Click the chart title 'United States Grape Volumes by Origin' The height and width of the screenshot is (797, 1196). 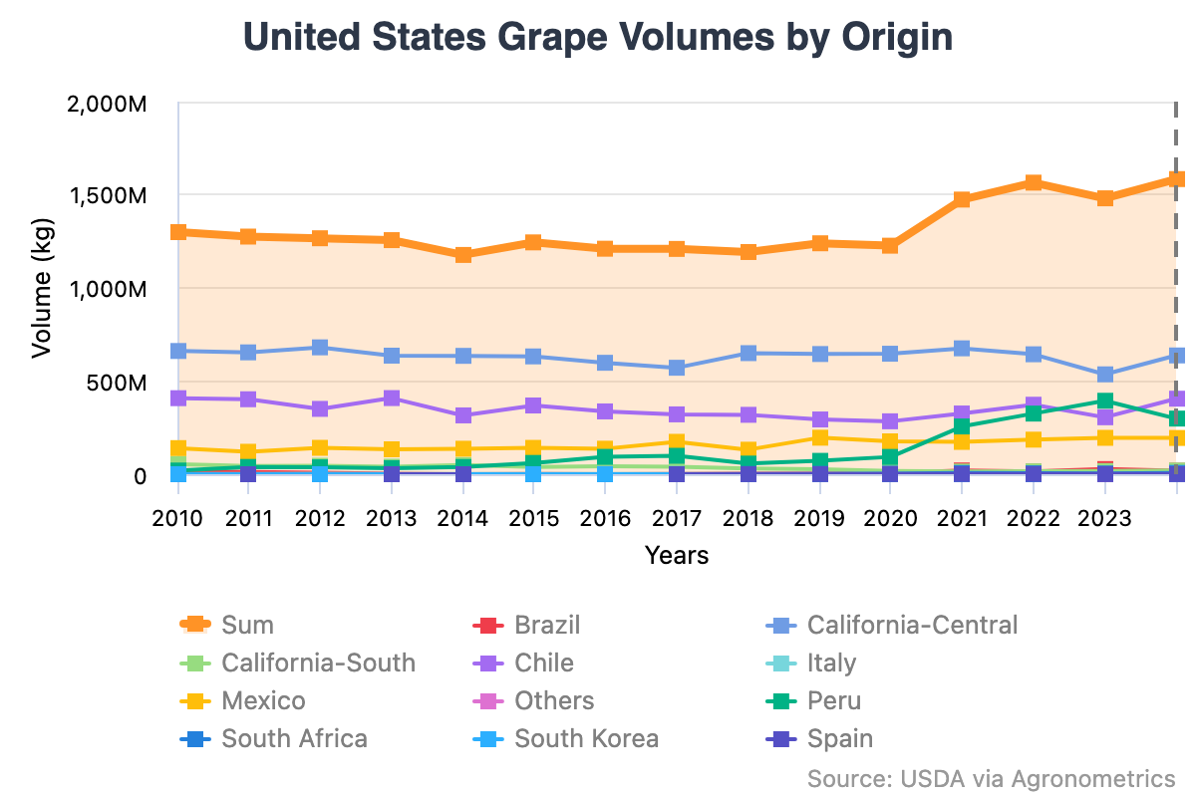pyautogui.click(x=598, y=37)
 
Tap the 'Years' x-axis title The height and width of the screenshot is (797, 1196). pyautogui.click(x=676, y=555)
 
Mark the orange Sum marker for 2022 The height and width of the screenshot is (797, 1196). pyautogui.click(x=1034, y=183)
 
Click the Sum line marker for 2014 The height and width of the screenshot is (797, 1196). pyautogui.click(x=462, y=255)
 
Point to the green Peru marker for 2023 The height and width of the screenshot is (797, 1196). pyautogui.click(x=1104, y=401)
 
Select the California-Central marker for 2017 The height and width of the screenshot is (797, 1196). pyautogui.click(x=677, y=368)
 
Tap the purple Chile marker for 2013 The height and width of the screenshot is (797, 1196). pyautogui.click(x=392, y=398)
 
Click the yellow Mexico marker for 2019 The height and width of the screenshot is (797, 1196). pyautogui.click(x=819, y=437)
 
